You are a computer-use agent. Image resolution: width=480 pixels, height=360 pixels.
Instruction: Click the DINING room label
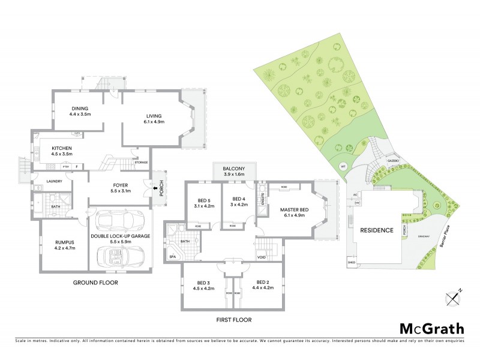79,107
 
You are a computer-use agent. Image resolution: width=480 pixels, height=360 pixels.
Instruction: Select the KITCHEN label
62,148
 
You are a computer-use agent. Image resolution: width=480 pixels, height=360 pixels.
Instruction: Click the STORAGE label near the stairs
141,163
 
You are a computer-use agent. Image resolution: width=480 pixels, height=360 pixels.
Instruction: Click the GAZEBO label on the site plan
394,161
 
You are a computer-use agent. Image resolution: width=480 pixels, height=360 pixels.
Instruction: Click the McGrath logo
431,328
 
